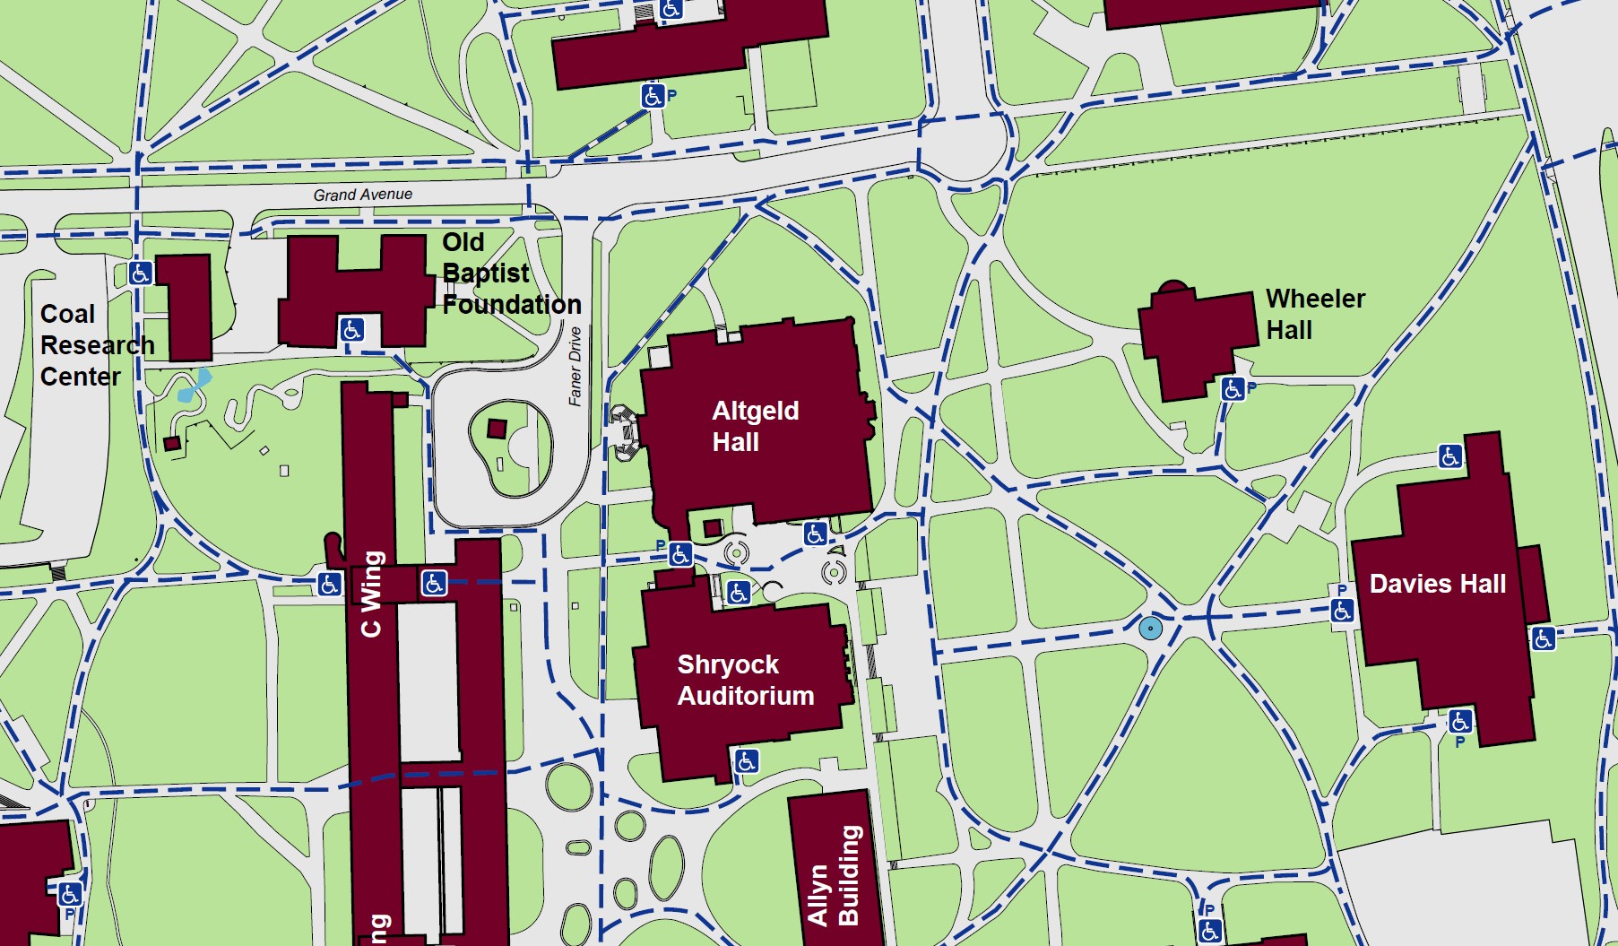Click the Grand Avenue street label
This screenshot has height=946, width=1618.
(362, 195)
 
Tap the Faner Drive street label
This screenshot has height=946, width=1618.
(575, 366)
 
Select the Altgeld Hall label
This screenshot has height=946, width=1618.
(755, 426)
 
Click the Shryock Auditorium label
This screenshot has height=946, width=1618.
(745, 680)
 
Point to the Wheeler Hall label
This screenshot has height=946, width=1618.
(1314, 314)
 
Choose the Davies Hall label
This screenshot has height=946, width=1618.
(1437, 584)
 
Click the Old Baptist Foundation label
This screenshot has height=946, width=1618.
(511, 273)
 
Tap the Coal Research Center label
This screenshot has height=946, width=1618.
(96, 345)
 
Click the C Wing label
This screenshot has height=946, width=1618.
(371, 594)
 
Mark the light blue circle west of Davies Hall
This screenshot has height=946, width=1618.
(1150, 628)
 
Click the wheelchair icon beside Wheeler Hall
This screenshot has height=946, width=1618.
(1233, 388)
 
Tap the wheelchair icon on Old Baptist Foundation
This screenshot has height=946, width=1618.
(351, 329)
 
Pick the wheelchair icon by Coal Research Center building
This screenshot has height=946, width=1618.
(140, 273)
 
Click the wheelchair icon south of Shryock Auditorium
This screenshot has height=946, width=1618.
(747, 761)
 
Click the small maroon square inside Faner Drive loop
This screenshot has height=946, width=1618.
(497, 429)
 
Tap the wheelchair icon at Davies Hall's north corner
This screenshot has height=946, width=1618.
(1449, 456)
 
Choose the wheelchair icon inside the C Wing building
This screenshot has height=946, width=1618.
(434, 584)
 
